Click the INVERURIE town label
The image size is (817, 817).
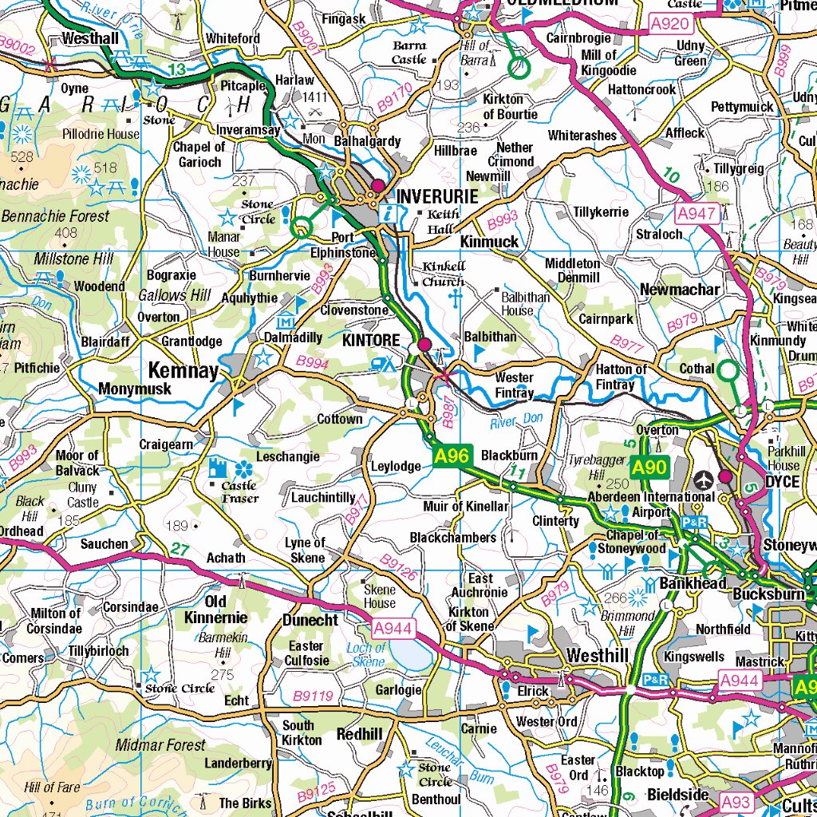tap(437, 196)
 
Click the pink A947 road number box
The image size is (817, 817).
tap(697, 213)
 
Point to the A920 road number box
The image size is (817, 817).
tap(669, 24)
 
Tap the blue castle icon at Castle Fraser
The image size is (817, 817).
tap(218, 468)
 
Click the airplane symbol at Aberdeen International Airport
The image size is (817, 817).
tap(703, 480)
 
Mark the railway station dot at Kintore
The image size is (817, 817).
tap(424, 345)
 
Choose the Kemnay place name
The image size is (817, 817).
tap(183, 371)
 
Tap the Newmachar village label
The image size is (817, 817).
tap(679, 290)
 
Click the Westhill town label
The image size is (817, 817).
tap(597, 655)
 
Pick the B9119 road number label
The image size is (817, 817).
tap(313, 697)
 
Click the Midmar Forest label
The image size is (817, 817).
tap(160, 745)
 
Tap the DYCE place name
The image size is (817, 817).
tap(782, 483)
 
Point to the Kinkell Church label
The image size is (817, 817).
tap(443, 274)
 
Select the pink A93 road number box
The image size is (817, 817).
tap(736, 801)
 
